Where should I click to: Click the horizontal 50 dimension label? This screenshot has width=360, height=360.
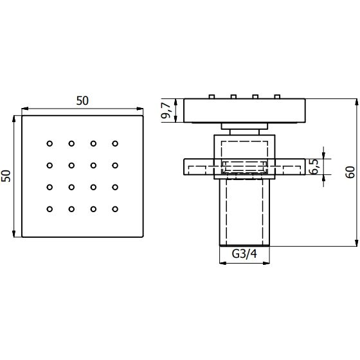82,101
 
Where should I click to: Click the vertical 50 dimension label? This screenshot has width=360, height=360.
6,176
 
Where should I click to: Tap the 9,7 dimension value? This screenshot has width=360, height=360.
166,110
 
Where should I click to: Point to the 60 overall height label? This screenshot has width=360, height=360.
350,172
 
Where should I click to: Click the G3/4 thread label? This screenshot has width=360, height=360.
244,254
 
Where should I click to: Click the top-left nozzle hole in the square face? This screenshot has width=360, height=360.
50,144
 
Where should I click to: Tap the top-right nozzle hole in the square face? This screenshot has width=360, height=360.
115,144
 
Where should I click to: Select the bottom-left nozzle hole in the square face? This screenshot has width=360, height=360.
50,209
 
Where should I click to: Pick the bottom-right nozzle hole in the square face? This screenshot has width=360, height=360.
115,209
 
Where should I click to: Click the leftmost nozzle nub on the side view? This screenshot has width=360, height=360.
212,96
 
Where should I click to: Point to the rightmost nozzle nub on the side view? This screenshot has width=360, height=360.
277,96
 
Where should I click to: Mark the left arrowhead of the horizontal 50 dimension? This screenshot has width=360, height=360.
25,109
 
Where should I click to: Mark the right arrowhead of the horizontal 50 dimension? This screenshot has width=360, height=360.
140,109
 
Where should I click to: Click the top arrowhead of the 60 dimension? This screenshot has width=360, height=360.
356,102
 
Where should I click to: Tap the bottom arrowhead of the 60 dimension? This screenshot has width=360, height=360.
356,243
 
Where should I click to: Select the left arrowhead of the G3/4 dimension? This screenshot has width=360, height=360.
223,263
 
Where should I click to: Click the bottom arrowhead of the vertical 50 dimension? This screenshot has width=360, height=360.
14,233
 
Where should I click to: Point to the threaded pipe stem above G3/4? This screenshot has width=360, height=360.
244,212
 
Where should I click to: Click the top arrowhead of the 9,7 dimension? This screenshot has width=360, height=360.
175,102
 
